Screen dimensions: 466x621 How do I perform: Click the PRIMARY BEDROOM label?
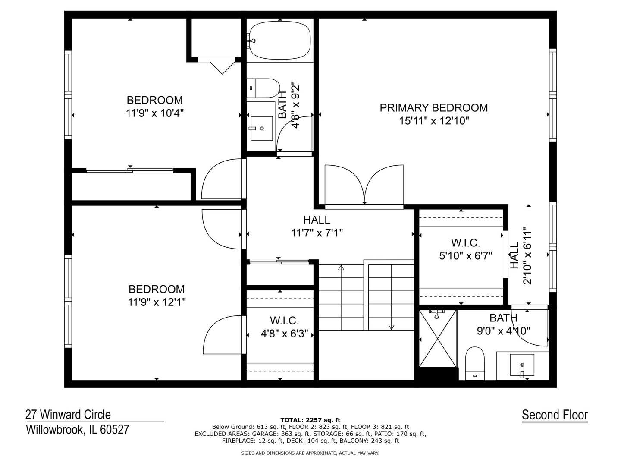[x=433, y=107]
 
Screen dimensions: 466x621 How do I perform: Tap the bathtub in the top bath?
[x=280, y=41]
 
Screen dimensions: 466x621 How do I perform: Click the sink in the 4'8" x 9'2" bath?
[x=261, y=128]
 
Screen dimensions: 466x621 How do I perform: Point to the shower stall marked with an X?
[x=438, y=339]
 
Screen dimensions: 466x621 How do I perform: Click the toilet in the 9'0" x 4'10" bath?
[x=475, y=362]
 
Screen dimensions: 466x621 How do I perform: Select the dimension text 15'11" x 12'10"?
[x=433, y=121]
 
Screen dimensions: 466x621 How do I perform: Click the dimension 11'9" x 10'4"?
[x=155, y=113]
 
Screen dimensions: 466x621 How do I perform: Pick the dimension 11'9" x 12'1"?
[x=157, y=302]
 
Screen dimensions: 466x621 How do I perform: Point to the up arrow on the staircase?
[x=341, y=268]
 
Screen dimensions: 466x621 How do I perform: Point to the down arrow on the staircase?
[x=391, y=327]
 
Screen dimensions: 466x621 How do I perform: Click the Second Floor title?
[x=555, y=415]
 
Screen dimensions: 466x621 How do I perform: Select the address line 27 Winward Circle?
[x=68, y=415]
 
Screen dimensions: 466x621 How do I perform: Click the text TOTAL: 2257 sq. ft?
[x=310, y=420]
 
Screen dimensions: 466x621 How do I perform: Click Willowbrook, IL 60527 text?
[x=77, y=430]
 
